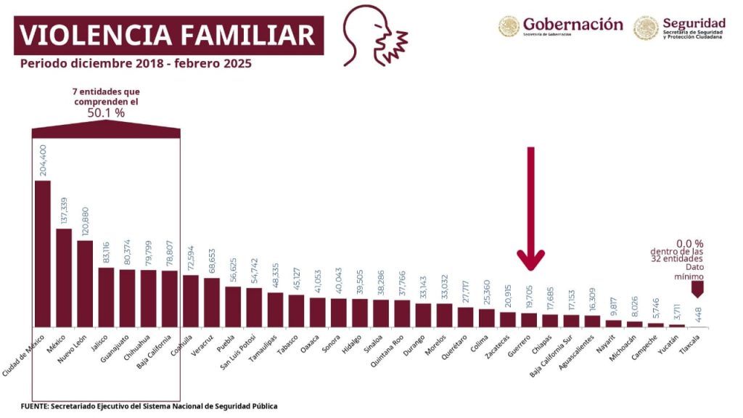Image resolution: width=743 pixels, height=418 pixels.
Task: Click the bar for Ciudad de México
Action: (43, 253)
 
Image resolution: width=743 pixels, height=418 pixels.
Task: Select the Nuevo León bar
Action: (85, 283)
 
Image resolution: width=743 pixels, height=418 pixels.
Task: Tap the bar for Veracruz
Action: (212, 302)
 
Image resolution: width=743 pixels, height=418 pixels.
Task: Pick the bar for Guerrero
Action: (529, 319)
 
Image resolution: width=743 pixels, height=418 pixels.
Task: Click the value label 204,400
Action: (42, 160)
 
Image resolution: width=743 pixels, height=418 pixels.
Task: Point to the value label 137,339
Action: (64, 210)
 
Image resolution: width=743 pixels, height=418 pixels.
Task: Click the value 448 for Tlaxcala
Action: (697, 313)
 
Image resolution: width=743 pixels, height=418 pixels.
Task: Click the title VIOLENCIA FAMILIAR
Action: (168, 35)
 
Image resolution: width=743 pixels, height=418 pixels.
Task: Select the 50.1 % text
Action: (106, 113)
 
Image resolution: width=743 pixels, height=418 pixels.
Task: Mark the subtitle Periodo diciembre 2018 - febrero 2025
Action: (136, 64)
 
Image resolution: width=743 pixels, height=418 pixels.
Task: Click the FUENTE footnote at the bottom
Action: (148, 406)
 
